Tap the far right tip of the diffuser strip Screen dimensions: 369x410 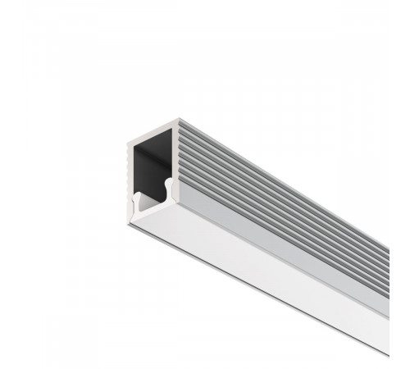tap(385, 344)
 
